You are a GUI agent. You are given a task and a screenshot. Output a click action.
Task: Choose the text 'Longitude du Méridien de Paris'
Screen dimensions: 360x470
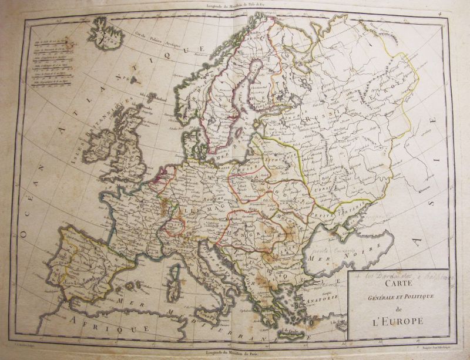(234, 352)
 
